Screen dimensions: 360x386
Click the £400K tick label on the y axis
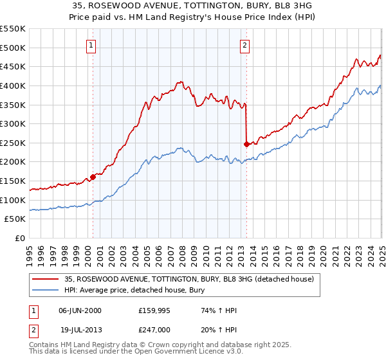(x=13, y=85)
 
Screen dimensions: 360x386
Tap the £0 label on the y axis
(x=20, y=239)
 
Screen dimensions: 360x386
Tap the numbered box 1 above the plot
(x=92, y=46)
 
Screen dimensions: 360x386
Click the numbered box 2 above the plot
(x=246, y=46)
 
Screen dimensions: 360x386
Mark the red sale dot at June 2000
(x=93, y=177)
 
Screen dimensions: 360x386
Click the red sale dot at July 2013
(x=246, y=144)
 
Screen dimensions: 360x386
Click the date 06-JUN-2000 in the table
(x=80, y=310)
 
